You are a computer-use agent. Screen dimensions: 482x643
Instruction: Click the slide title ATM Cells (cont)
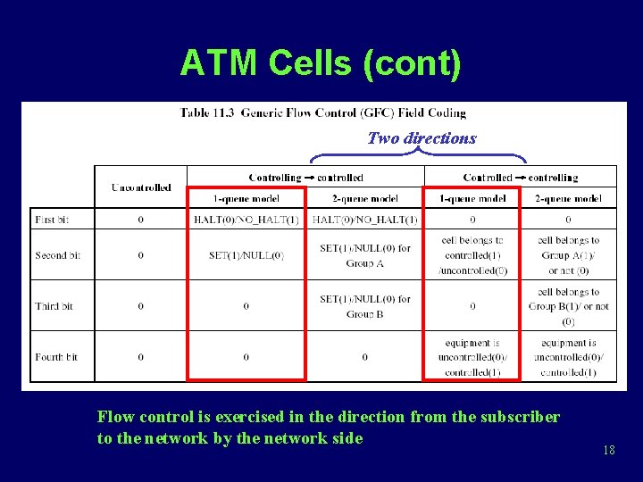coord(321,64)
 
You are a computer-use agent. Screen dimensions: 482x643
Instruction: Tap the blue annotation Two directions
coord(422,138)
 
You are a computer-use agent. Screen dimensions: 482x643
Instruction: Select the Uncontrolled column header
coord(140,187)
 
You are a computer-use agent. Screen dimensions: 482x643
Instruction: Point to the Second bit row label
coord(57,255)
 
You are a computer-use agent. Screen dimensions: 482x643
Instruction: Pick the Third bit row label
coord(54,306)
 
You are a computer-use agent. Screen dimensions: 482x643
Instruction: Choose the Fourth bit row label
coord(56,357)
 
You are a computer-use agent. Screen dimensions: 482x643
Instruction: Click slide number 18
coord(608,451)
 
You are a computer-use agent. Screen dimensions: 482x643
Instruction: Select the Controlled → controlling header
coord(520,178)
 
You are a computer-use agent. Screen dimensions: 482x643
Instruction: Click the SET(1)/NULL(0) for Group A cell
coord(364,255)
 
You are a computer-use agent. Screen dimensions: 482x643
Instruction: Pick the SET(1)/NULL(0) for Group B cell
coord(364,306)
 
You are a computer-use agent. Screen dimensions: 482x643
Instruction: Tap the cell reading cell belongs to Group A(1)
coord(568,255)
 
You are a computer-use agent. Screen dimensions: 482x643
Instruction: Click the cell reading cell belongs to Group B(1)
coord(568,306)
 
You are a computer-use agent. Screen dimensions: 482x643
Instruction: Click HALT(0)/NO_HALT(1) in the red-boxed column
coord(246,220)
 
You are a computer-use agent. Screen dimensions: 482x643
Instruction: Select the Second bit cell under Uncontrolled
coord(140,255)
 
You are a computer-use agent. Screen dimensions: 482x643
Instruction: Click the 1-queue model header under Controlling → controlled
coord(246,198)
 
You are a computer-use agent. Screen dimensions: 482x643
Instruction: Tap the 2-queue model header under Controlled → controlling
coord(568,198)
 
